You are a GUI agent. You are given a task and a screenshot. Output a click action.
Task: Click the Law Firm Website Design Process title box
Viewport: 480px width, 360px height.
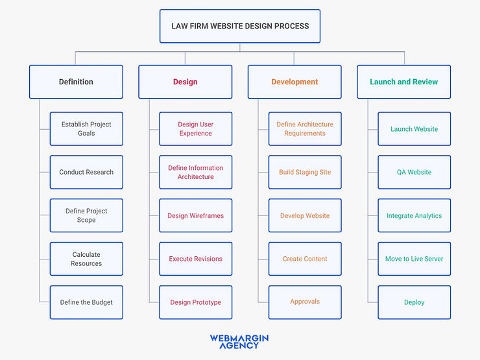point(240,26)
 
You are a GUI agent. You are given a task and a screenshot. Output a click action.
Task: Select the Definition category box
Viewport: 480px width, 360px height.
point(76,82)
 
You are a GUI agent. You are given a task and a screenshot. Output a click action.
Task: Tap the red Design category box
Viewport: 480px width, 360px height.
point(185,82)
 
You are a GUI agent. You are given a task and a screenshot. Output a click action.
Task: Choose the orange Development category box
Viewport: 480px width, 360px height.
point(294,82)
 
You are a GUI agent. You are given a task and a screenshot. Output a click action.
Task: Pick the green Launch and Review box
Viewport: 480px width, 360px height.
point(403,82)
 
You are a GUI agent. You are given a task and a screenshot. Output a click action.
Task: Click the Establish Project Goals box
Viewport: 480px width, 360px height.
point(86,128)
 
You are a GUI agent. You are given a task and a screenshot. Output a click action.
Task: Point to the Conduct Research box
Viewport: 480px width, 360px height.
point(86,172)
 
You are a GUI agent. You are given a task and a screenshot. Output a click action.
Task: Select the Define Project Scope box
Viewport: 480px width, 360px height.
point(86,215)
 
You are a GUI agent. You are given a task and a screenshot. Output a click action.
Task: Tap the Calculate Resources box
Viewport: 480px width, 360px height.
point(86,259)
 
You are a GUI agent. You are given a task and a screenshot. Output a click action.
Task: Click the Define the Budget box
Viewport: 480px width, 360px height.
point(86,302)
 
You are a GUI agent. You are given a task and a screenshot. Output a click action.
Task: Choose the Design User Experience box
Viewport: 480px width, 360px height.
point(195,128)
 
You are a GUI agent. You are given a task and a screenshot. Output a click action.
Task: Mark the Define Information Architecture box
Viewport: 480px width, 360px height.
point(195,172)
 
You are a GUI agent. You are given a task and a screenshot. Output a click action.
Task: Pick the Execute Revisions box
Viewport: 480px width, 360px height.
point(195,259)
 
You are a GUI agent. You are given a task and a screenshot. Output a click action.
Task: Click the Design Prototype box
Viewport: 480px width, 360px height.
point(195,302)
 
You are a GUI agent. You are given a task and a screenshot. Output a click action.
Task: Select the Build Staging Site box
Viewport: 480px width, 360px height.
point(305,172)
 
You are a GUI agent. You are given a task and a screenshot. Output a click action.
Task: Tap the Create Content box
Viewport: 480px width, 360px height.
point(305,259)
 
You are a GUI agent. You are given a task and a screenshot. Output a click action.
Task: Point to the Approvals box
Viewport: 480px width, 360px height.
point(305,302)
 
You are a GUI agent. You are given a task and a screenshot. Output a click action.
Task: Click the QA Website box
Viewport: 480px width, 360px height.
point(414,172)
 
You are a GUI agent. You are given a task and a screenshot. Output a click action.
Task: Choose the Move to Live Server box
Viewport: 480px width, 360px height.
point(414,259)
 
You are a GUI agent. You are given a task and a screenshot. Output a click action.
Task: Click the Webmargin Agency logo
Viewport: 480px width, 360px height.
point(239,341)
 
